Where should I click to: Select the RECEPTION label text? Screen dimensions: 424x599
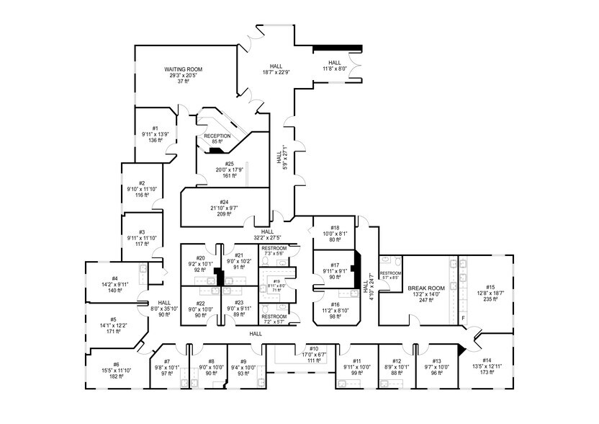(x=217, y=136)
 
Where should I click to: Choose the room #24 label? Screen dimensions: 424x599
(x=225, y=202)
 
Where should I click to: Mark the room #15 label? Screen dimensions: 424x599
(x=490, y=286)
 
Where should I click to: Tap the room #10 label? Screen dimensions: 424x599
(x=314, y=348)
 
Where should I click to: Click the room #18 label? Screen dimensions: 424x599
(x=335, y=227)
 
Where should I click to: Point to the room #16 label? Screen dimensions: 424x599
(x=335, y=304)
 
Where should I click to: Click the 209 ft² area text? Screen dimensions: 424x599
(x=225, y=214)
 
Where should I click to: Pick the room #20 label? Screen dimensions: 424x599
(x=201, y=257)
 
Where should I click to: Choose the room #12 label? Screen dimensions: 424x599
(x=396, y=361)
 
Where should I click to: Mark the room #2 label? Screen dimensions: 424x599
(x=142, y=183)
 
